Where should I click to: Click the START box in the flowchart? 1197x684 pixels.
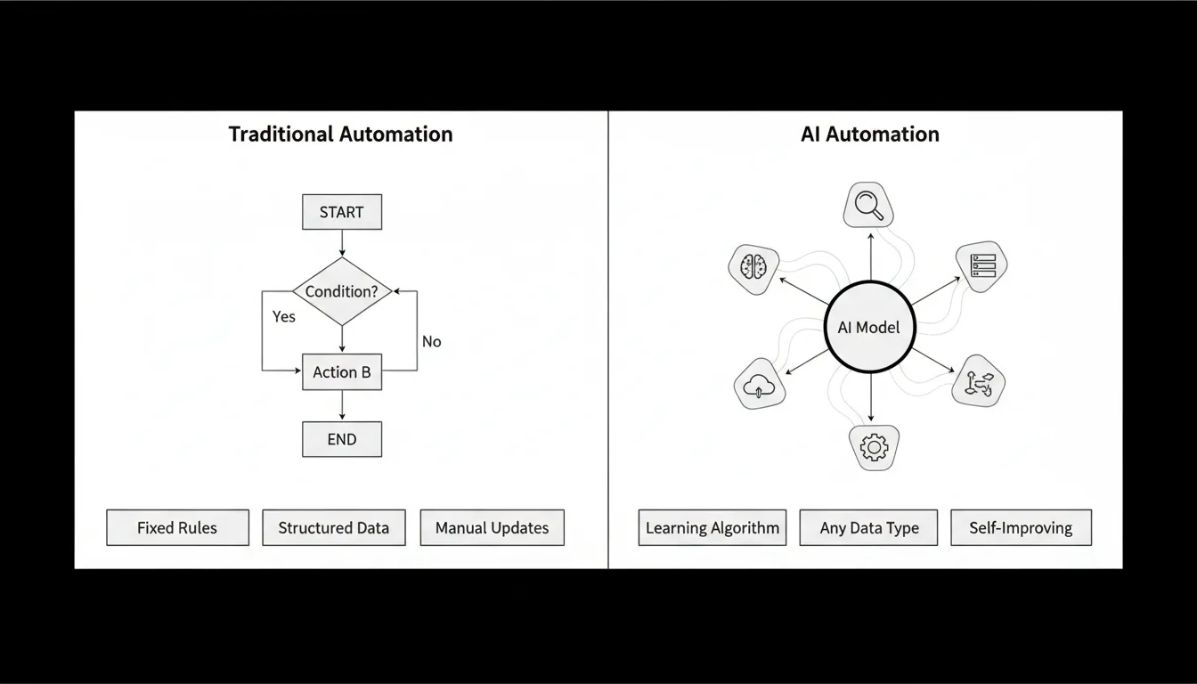pos(341,212)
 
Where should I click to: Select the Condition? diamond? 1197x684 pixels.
pos(342,291)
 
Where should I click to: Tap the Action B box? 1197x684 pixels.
pos(342,372)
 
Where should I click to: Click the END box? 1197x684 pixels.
pos(342,439)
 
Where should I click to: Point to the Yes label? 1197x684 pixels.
pos(284,316)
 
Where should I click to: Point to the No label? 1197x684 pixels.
pos(431,341)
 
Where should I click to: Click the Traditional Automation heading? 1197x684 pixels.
pos(340,134)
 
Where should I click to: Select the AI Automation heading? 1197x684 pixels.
pos(869,134)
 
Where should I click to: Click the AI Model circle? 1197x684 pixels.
pos(868,327)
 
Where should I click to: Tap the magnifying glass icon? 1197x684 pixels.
pos(868,205)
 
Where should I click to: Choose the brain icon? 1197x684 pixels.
pos(753,267)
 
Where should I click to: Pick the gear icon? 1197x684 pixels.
pos(873,446)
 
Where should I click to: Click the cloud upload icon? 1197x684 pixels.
pos(759,385)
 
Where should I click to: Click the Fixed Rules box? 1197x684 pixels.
pos(176,527)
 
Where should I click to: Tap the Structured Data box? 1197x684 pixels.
pos(333,527)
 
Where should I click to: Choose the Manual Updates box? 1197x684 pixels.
pos(492,527)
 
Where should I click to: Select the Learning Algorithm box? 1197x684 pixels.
pos(712,527)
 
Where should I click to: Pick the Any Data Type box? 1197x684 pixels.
pos(869,527)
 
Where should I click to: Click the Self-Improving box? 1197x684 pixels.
pos(1021,527)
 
